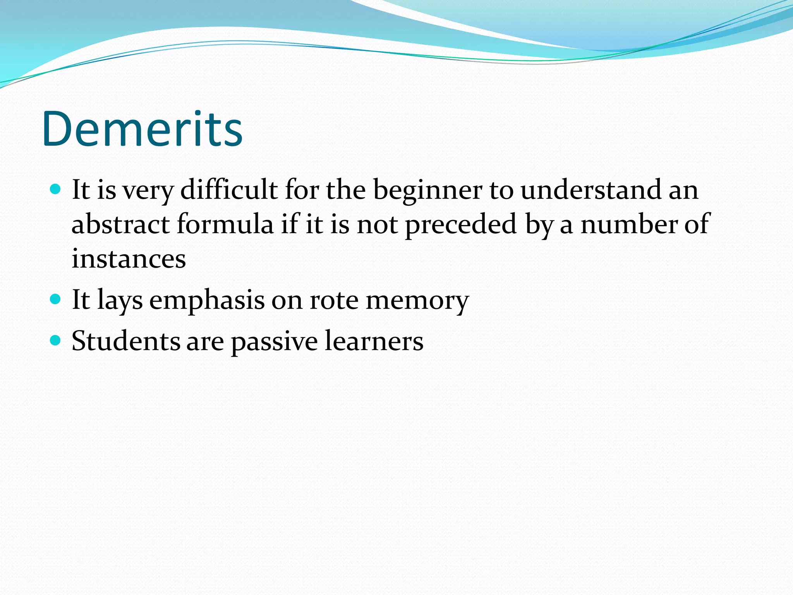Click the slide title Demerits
pos(142,129)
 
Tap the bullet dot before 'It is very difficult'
pos(56,189)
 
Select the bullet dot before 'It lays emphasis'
pos(56,299)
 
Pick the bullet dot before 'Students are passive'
pos(56,340)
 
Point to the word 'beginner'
pos(427,191)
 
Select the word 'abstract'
pos(120,224)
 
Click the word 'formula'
pos(225,224)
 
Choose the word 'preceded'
pos(461,225)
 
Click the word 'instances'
pos(129,259)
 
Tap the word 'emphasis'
pos(207,301)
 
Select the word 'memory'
pos(417,301)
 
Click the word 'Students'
pos(125,341)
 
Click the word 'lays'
pos(120,301)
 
